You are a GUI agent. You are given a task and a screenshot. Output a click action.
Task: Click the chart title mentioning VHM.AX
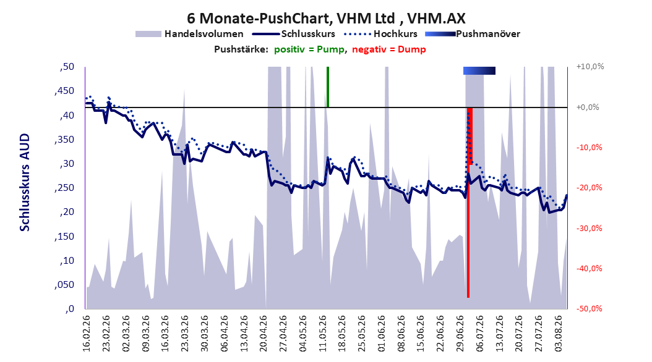[x=326, y=19]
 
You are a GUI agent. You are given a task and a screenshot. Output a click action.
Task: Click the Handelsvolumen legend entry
[x=190, y=34]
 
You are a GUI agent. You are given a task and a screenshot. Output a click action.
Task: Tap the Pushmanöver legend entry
[x=473, y=34]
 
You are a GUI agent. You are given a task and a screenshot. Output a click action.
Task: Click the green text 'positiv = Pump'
[x=309, y=49]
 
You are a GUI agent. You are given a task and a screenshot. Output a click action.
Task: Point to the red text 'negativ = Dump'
[x=389, y=49]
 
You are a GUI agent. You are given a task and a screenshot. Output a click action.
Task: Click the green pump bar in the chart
[x=328, y=86]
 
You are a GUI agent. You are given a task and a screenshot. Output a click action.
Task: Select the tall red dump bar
[x=468, y=203]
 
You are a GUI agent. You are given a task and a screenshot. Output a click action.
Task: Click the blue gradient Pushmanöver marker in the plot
[x=479, y=70]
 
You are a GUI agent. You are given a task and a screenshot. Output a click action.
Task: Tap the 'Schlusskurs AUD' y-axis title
[x=25, y=182]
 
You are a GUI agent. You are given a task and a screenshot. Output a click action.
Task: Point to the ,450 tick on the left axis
[x=64, y=91]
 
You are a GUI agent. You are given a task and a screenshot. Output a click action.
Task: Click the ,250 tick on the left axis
[x=64, y=188]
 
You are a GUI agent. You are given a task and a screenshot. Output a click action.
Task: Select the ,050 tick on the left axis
[x=64, y=285]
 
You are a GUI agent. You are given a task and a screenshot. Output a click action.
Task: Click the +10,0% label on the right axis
[x=590, y=67]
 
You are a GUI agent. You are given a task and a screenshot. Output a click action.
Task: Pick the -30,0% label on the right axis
[x=589, y=229]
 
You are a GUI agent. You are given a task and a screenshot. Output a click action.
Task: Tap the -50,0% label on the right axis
[x=589, y=309]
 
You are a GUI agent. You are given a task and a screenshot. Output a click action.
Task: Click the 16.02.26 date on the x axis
[x=86, y=334]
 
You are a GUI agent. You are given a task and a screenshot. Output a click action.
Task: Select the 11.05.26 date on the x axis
[x=322, y=334]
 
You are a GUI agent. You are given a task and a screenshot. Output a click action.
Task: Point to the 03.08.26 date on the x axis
[x=559, y=334]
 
